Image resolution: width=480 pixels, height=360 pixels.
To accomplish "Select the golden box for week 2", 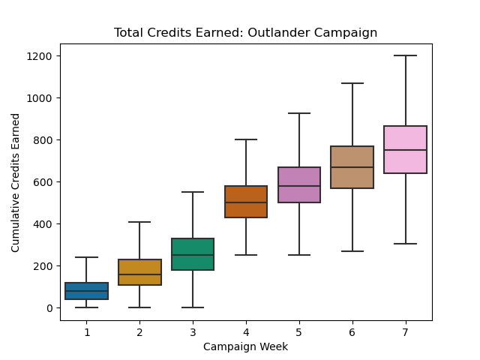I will (x=139, y=272).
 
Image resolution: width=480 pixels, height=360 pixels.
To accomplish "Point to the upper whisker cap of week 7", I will (x=405, y=55).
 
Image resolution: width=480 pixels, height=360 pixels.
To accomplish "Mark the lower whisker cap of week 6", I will (x=352, y=251).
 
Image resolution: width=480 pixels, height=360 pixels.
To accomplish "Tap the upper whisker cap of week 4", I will (x=246, y=139).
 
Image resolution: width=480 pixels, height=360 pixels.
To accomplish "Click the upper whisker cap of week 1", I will (x=86, y=257).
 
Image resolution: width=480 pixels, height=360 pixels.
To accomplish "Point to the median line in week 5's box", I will (x=299, y=186).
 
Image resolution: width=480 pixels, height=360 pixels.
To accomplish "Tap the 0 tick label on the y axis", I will (x=49, y=308).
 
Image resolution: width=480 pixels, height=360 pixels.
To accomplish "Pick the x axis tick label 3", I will (x=193, y=332).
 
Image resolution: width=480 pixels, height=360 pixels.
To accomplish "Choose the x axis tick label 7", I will (x=405, y=332).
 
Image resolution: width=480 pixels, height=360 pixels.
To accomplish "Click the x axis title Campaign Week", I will (x=245, y=346).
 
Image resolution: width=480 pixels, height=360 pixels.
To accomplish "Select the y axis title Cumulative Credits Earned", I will (x=16, y=182).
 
